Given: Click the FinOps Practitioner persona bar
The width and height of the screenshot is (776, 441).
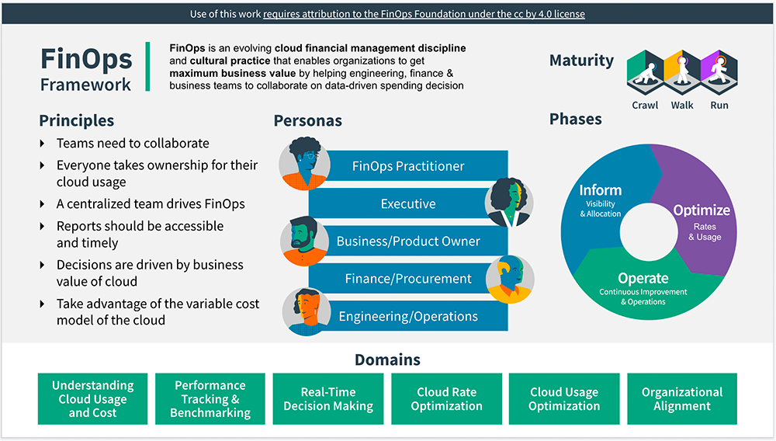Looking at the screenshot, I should pos(408,166).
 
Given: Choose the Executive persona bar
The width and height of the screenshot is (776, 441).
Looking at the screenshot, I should pos(408,204).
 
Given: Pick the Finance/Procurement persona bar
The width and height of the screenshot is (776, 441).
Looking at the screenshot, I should pos(408,279).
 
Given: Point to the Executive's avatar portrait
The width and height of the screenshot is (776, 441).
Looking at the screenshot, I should pos(509,202).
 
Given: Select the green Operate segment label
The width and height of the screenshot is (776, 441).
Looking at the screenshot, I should pos(643,279).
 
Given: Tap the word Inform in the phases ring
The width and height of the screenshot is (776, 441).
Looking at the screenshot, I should pos(600,190).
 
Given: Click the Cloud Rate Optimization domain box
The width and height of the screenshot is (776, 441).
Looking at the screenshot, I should pos(446,399).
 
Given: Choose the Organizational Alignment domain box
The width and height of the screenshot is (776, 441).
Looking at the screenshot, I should pos(682,399).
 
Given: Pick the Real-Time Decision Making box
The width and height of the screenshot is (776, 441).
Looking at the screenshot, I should pos(328,399).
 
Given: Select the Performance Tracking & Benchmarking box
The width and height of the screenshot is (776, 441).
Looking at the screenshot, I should pos(210,399).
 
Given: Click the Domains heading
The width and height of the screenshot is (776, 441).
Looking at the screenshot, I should pos(387,359).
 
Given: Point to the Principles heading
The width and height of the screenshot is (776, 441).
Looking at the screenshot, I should pos(76,120).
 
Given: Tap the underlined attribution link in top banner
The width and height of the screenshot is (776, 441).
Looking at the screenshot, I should pos(424,14).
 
